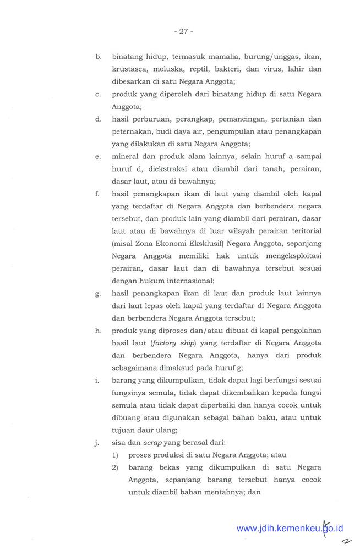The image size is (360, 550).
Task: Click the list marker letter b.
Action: pyautogui.click(x=97, y=57)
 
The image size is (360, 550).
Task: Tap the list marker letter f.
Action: pyautogui.click(x=97, y=194)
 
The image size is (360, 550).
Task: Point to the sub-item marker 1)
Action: pyautogui.click(x=116, y=455)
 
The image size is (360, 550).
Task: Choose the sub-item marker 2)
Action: pyautogui.click(x=116, y=468)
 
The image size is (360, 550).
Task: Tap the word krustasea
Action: pyautogui.click(x=130, y=69)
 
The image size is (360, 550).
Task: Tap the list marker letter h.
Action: pyautogui.click(x=97, y=330)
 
